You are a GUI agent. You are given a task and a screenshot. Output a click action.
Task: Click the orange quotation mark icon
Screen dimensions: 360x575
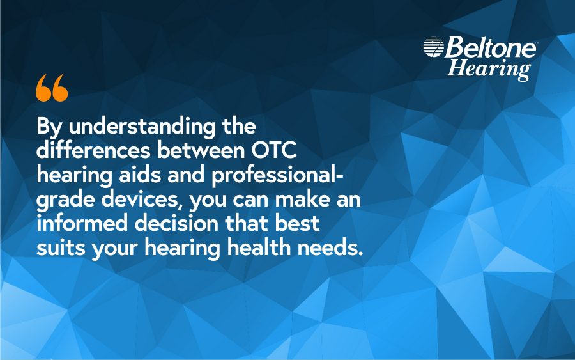(x=52, y=88)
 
